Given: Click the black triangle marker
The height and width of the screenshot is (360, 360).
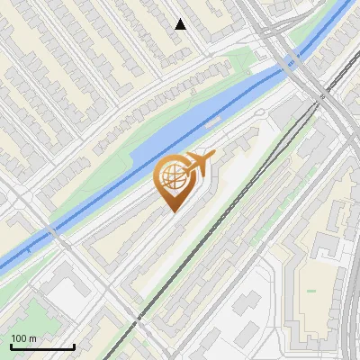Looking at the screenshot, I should (180, 24).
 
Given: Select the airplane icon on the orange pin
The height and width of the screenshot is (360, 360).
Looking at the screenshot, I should (200, 164).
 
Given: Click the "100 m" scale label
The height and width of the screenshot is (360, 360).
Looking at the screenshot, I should (24, 338).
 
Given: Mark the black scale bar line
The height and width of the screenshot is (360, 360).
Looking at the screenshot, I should (42, 346).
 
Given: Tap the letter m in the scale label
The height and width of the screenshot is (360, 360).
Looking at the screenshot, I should (34, 338).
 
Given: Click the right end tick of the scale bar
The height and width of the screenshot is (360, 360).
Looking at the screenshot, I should (74, 345).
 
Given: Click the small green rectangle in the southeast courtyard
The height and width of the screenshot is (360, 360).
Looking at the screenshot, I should (310, 291).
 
